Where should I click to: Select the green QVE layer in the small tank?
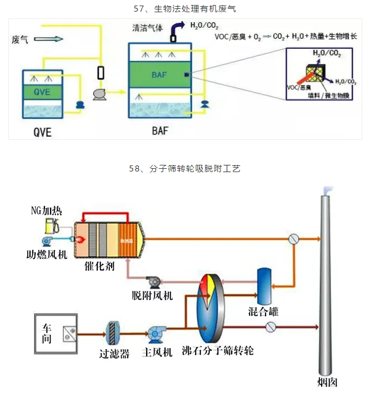pos(43,91)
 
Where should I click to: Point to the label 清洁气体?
pos(147,28)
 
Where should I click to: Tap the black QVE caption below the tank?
pos(43,133)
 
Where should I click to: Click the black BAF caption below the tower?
pos(159,132)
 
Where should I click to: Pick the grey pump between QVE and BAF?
pos(101,95)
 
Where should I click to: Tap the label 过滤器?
pos(114,354)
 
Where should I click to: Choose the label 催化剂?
pos(101,266)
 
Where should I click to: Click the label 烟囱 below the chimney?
pos(327,382)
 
